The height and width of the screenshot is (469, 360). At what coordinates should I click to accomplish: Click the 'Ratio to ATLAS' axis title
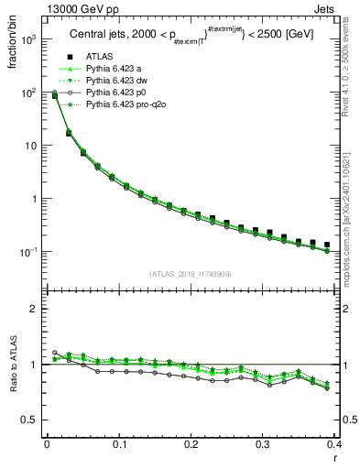14,365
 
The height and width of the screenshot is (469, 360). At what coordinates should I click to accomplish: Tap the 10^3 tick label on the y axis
29,40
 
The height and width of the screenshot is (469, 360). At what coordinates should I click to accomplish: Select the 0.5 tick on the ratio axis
30,420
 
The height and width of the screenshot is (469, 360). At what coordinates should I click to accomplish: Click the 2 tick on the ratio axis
34,309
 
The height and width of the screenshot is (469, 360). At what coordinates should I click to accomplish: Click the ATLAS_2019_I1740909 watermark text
191,274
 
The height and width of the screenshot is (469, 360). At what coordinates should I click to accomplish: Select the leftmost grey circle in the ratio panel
54,352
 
